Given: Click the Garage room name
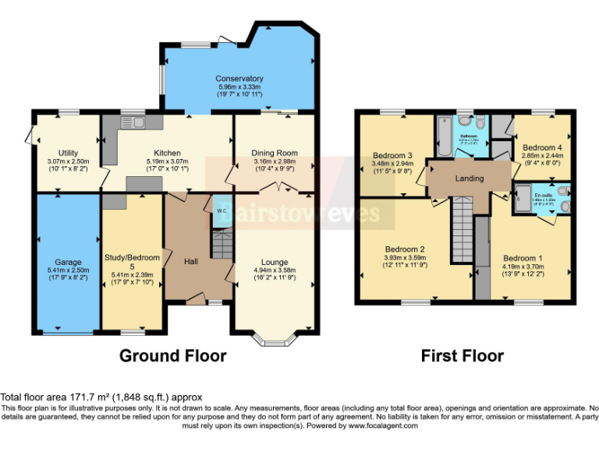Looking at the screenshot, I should tap(68, 262).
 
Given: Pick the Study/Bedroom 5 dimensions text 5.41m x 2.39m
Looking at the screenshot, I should tap(132, 274).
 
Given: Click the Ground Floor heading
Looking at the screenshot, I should tap(172, 356).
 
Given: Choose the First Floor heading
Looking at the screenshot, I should tap(462, 356).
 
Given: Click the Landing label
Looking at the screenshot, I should tap(470, 179).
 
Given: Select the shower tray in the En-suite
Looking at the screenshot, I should tap(523, 197).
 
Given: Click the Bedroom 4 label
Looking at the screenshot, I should tap(541, 147).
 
